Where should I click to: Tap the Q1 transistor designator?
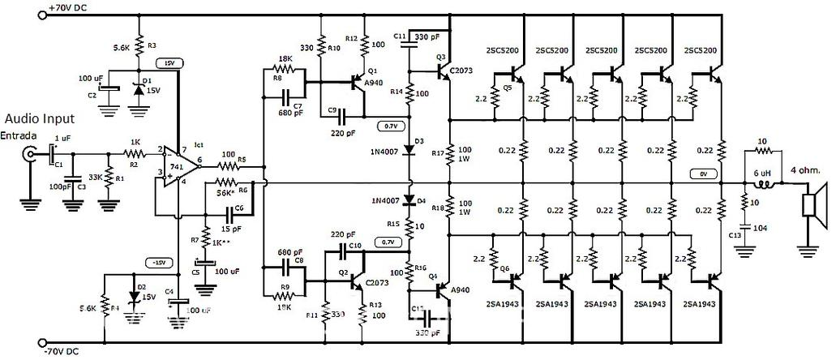click(x=372, y=71)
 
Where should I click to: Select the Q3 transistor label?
click(x=441, y=57)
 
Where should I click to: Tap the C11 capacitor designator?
click(x=400, y=37)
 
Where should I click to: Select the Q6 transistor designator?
click(x=504, y=268)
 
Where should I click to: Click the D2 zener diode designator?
click(x=141, y=286)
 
